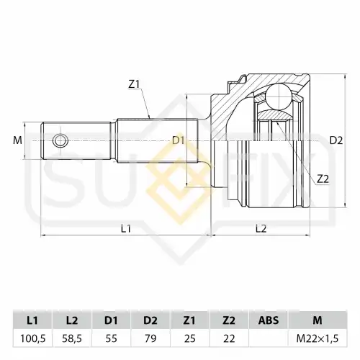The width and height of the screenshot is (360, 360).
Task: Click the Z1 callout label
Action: [x=134, y=84]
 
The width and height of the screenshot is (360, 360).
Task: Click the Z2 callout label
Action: [x=323, y=179]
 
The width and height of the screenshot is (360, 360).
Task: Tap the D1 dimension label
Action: [x=179, y=140]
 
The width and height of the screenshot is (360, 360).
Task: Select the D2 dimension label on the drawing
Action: [x=336, y=140]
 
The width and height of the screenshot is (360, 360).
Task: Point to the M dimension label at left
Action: [x=17, y=140]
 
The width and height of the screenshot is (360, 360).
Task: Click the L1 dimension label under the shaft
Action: [x=126, y=229]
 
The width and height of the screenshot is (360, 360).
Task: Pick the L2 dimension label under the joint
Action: [x=261, y=229]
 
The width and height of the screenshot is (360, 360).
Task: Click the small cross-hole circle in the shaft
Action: [x=60, y=140]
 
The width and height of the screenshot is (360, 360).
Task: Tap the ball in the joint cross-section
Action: [x=279, y=96]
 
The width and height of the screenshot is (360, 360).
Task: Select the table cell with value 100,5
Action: [x=32, y=338]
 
